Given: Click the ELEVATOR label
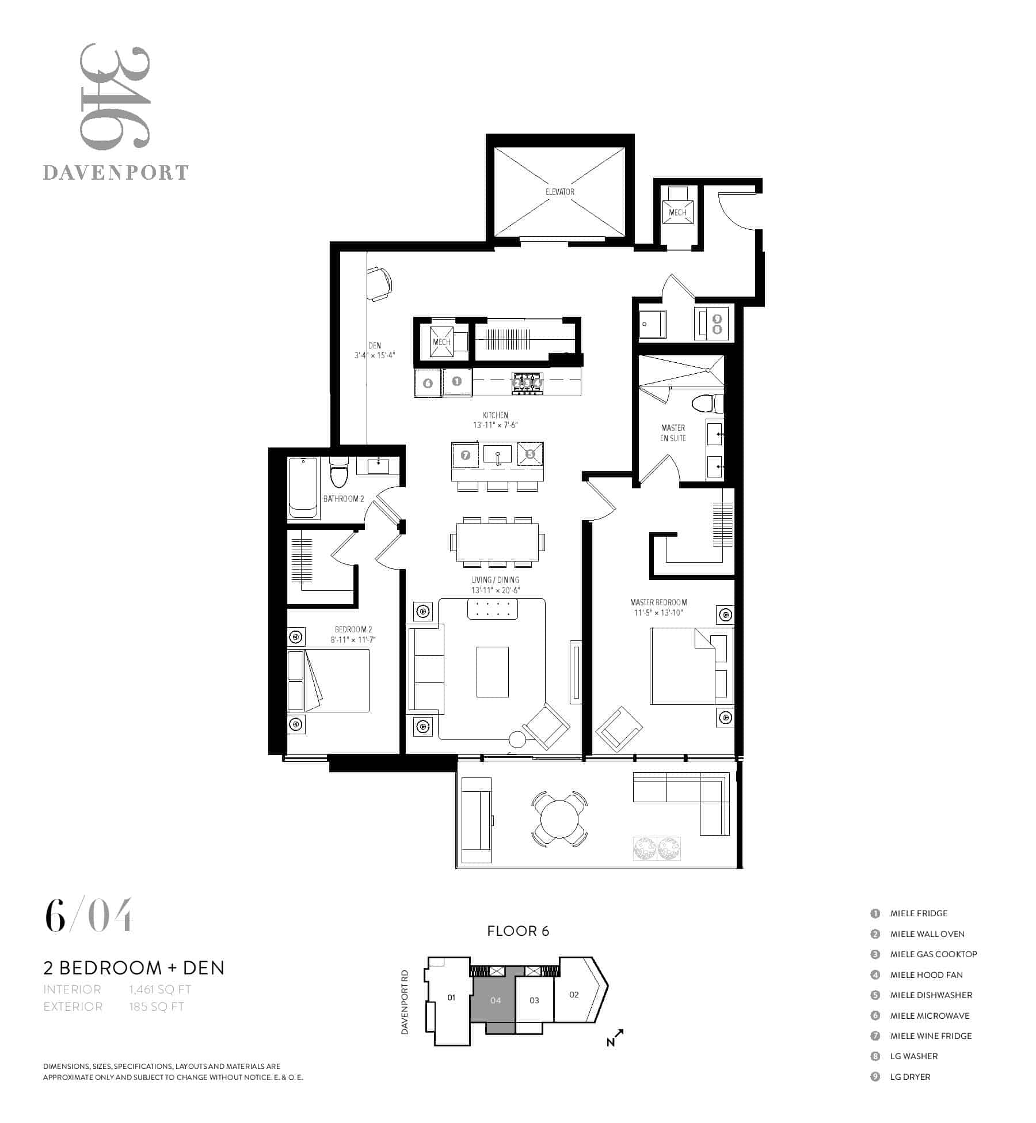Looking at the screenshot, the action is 559,192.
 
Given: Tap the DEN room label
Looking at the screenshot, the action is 375,346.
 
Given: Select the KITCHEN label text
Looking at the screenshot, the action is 496,415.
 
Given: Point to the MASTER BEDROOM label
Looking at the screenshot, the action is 658,602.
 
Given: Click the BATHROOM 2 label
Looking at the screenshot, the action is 344,499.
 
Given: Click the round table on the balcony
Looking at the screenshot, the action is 559,819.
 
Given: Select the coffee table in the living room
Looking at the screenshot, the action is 493,671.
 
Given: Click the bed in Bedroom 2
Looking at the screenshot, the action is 329,681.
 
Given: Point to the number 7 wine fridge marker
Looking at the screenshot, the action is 466,456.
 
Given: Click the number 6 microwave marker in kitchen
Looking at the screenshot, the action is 428,383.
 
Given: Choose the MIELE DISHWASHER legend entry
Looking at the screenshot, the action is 931,995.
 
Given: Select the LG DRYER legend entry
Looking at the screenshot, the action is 910,1077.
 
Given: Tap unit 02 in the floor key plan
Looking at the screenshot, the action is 574,995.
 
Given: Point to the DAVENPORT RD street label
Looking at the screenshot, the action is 405,1002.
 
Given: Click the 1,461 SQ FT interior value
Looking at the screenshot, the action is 160,989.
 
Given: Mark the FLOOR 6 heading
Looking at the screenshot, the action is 518,931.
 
